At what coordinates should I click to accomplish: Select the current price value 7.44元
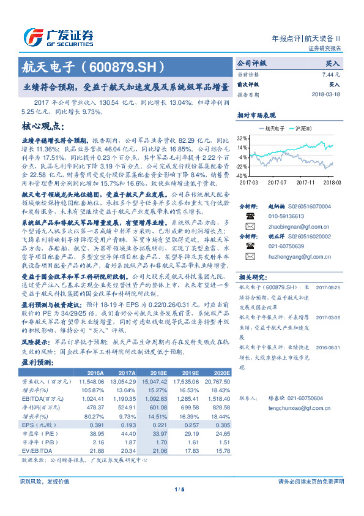[330, 74]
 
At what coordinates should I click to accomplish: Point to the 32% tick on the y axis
[243, 138]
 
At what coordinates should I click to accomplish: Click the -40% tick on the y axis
[242, 175]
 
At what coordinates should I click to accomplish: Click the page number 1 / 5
[179, 506]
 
